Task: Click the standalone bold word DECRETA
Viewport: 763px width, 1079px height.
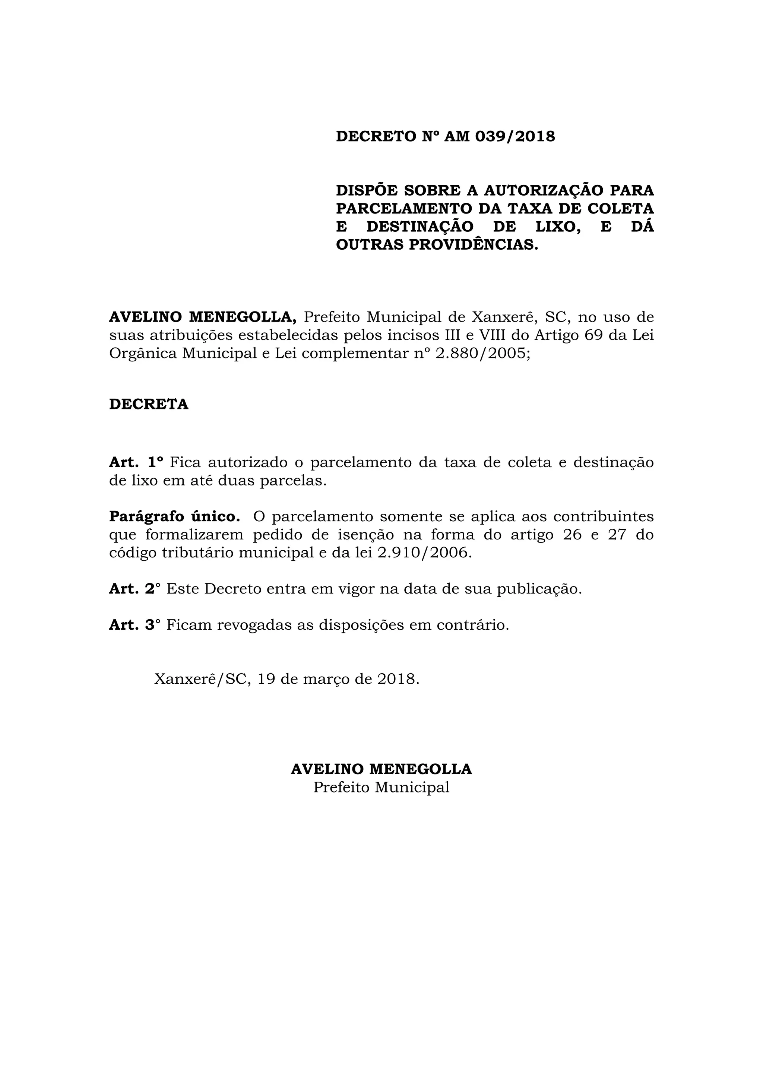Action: [x=149, y=404]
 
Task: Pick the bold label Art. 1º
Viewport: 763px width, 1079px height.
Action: [x=136, y=462]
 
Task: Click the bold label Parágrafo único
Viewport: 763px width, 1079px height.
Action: [x=174, y=516]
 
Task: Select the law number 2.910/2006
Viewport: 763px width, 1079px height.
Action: [x=424, y=553]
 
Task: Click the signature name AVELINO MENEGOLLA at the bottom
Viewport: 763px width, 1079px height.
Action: [x=381, y=769]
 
